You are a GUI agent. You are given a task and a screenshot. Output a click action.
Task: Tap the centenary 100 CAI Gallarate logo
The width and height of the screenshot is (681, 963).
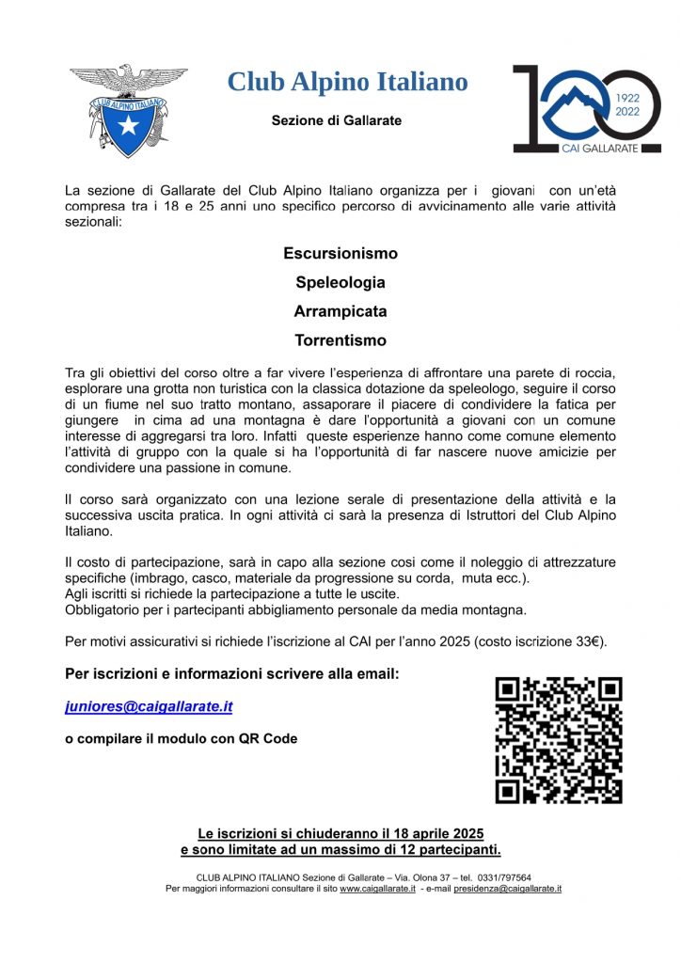click(586, 109)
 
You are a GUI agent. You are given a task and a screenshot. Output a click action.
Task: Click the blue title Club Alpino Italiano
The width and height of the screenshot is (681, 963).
click(347, 82)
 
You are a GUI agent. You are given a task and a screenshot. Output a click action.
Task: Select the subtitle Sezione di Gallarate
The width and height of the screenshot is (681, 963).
click(336, 120)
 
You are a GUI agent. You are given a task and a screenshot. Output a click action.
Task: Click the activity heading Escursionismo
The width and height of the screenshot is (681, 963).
click(340, 254)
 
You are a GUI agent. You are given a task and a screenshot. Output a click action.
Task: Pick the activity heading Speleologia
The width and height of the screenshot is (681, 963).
click(340, 282)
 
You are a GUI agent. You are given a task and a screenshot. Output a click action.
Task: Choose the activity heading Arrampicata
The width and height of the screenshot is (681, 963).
click(340, 311)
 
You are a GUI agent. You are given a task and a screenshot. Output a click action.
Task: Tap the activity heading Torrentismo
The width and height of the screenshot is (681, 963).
click(340, 340)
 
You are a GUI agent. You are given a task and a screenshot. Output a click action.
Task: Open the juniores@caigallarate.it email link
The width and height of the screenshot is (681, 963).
click(149, 705)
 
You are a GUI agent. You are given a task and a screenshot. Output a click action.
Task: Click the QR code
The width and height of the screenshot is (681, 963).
click(559, 740)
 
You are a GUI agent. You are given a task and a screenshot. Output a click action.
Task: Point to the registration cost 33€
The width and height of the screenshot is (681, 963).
click(589, 642)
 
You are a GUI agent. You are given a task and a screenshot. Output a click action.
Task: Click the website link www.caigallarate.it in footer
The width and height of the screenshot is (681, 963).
click(377, 888)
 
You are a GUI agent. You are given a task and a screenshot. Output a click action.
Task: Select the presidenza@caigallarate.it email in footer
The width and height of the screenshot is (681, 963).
click(507, 888)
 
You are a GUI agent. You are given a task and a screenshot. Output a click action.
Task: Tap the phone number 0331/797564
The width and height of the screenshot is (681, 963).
click(503, 876)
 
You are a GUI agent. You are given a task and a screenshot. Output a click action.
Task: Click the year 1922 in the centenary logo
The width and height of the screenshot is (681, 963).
click(627, 97)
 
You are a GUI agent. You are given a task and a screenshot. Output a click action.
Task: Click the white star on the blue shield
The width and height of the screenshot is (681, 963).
click(128, 123)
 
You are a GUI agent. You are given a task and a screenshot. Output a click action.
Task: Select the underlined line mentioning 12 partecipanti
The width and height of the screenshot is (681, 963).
click(340, 850)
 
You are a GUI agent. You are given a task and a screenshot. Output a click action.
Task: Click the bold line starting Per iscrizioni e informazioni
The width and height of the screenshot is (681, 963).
click(232, 674)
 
